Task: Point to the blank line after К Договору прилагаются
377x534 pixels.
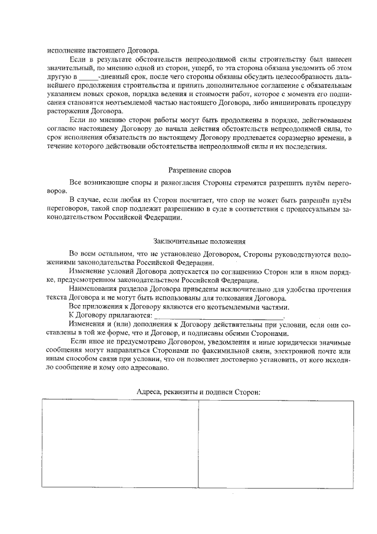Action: [x=219, y=317]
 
